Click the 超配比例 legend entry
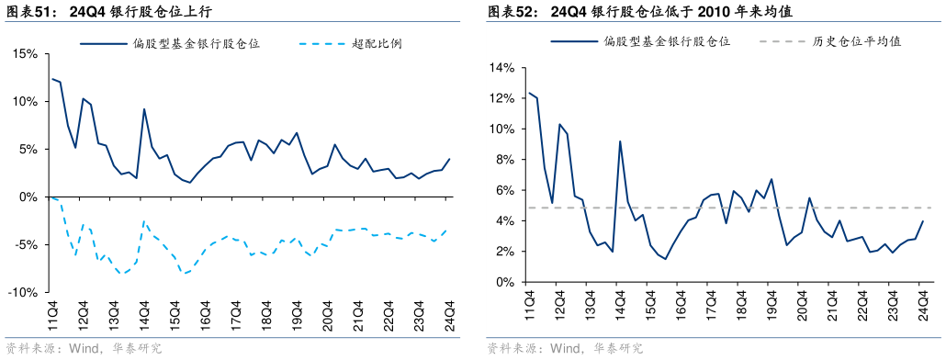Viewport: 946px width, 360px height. (377, 43)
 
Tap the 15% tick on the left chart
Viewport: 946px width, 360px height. (26, 54)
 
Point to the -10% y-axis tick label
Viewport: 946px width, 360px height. (24, 292)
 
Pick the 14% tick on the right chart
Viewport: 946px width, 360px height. (501, 68)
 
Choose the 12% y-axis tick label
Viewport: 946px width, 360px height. (501, 98)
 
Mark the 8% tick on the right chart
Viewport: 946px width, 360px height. (504, 160)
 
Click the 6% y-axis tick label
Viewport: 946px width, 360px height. (504, 190)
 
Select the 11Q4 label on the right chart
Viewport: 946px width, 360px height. (529, 305)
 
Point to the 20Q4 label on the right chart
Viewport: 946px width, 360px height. (802, 305)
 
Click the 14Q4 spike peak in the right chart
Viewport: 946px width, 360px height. (620, 141)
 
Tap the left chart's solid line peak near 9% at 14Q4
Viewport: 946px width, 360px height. (144, 109)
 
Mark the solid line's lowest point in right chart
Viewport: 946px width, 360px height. (665, 259)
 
